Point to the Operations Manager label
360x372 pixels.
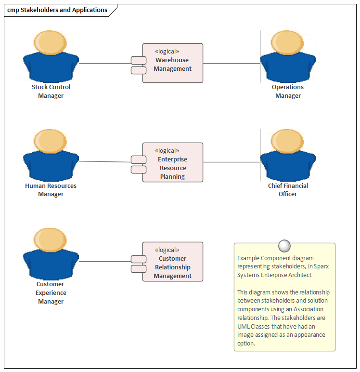pos(288,92)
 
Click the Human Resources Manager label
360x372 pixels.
pos(51,190)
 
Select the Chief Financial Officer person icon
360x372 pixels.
pos(288,154)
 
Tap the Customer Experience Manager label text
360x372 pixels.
pos(51,292)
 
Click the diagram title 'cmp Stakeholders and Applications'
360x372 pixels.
pos(57,10)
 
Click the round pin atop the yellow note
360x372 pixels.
pos(284,245)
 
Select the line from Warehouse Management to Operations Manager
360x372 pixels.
pos(231,63)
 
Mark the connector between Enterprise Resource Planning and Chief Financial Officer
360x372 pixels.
pos(231,162)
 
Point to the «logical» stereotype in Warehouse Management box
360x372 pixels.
pos(167,52)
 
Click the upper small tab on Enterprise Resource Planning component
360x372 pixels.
pos(139,159)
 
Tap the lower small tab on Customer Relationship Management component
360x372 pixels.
pos(139,269)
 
